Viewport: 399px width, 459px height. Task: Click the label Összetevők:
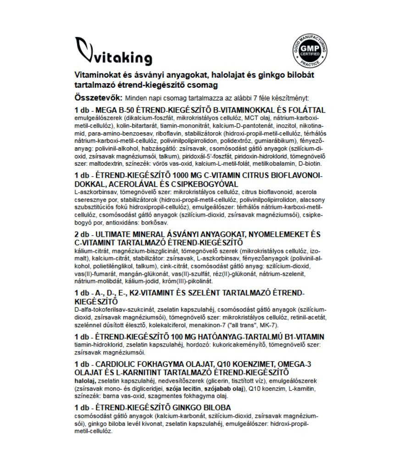98,98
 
